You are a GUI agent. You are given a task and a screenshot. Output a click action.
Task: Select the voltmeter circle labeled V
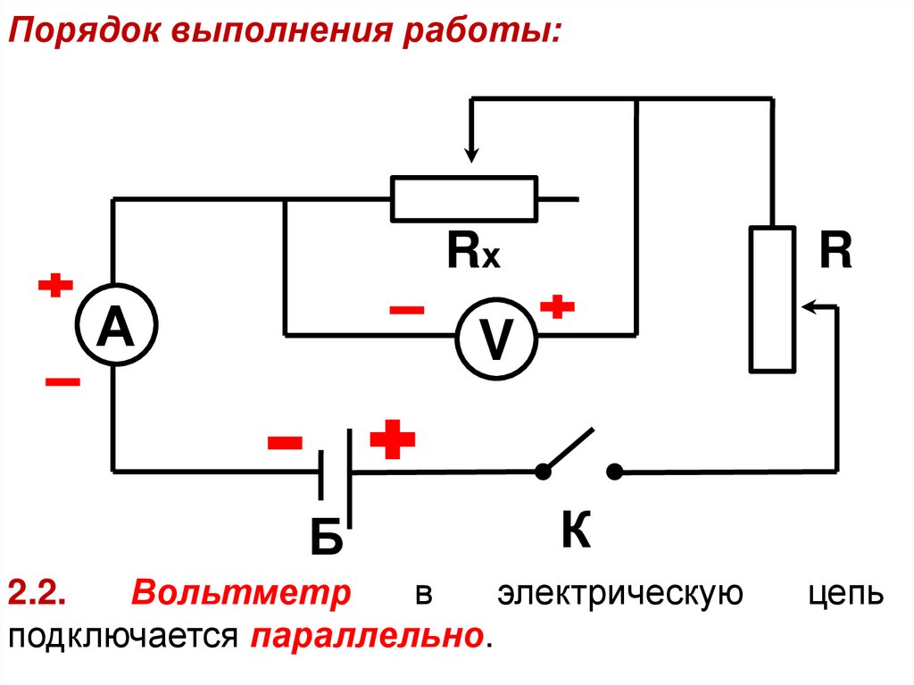click(496, 337)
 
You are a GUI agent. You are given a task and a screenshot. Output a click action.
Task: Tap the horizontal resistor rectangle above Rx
click(464, 198)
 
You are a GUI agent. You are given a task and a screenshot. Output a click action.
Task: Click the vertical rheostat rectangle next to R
click(772, 298)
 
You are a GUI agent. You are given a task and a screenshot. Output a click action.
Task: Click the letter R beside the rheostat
click(836, 254)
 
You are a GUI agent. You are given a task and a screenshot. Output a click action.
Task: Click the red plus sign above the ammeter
click(54, 287)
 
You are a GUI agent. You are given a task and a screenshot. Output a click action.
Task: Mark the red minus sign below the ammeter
click(62, 381)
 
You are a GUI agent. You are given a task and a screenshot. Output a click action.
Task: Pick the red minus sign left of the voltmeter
click(407, 310)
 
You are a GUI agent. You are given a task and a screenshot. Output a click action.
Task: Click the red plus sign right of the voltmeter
click(558, 307)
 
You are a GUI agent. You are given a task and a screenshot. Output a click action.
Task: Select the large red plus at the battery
click(393, 439)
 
